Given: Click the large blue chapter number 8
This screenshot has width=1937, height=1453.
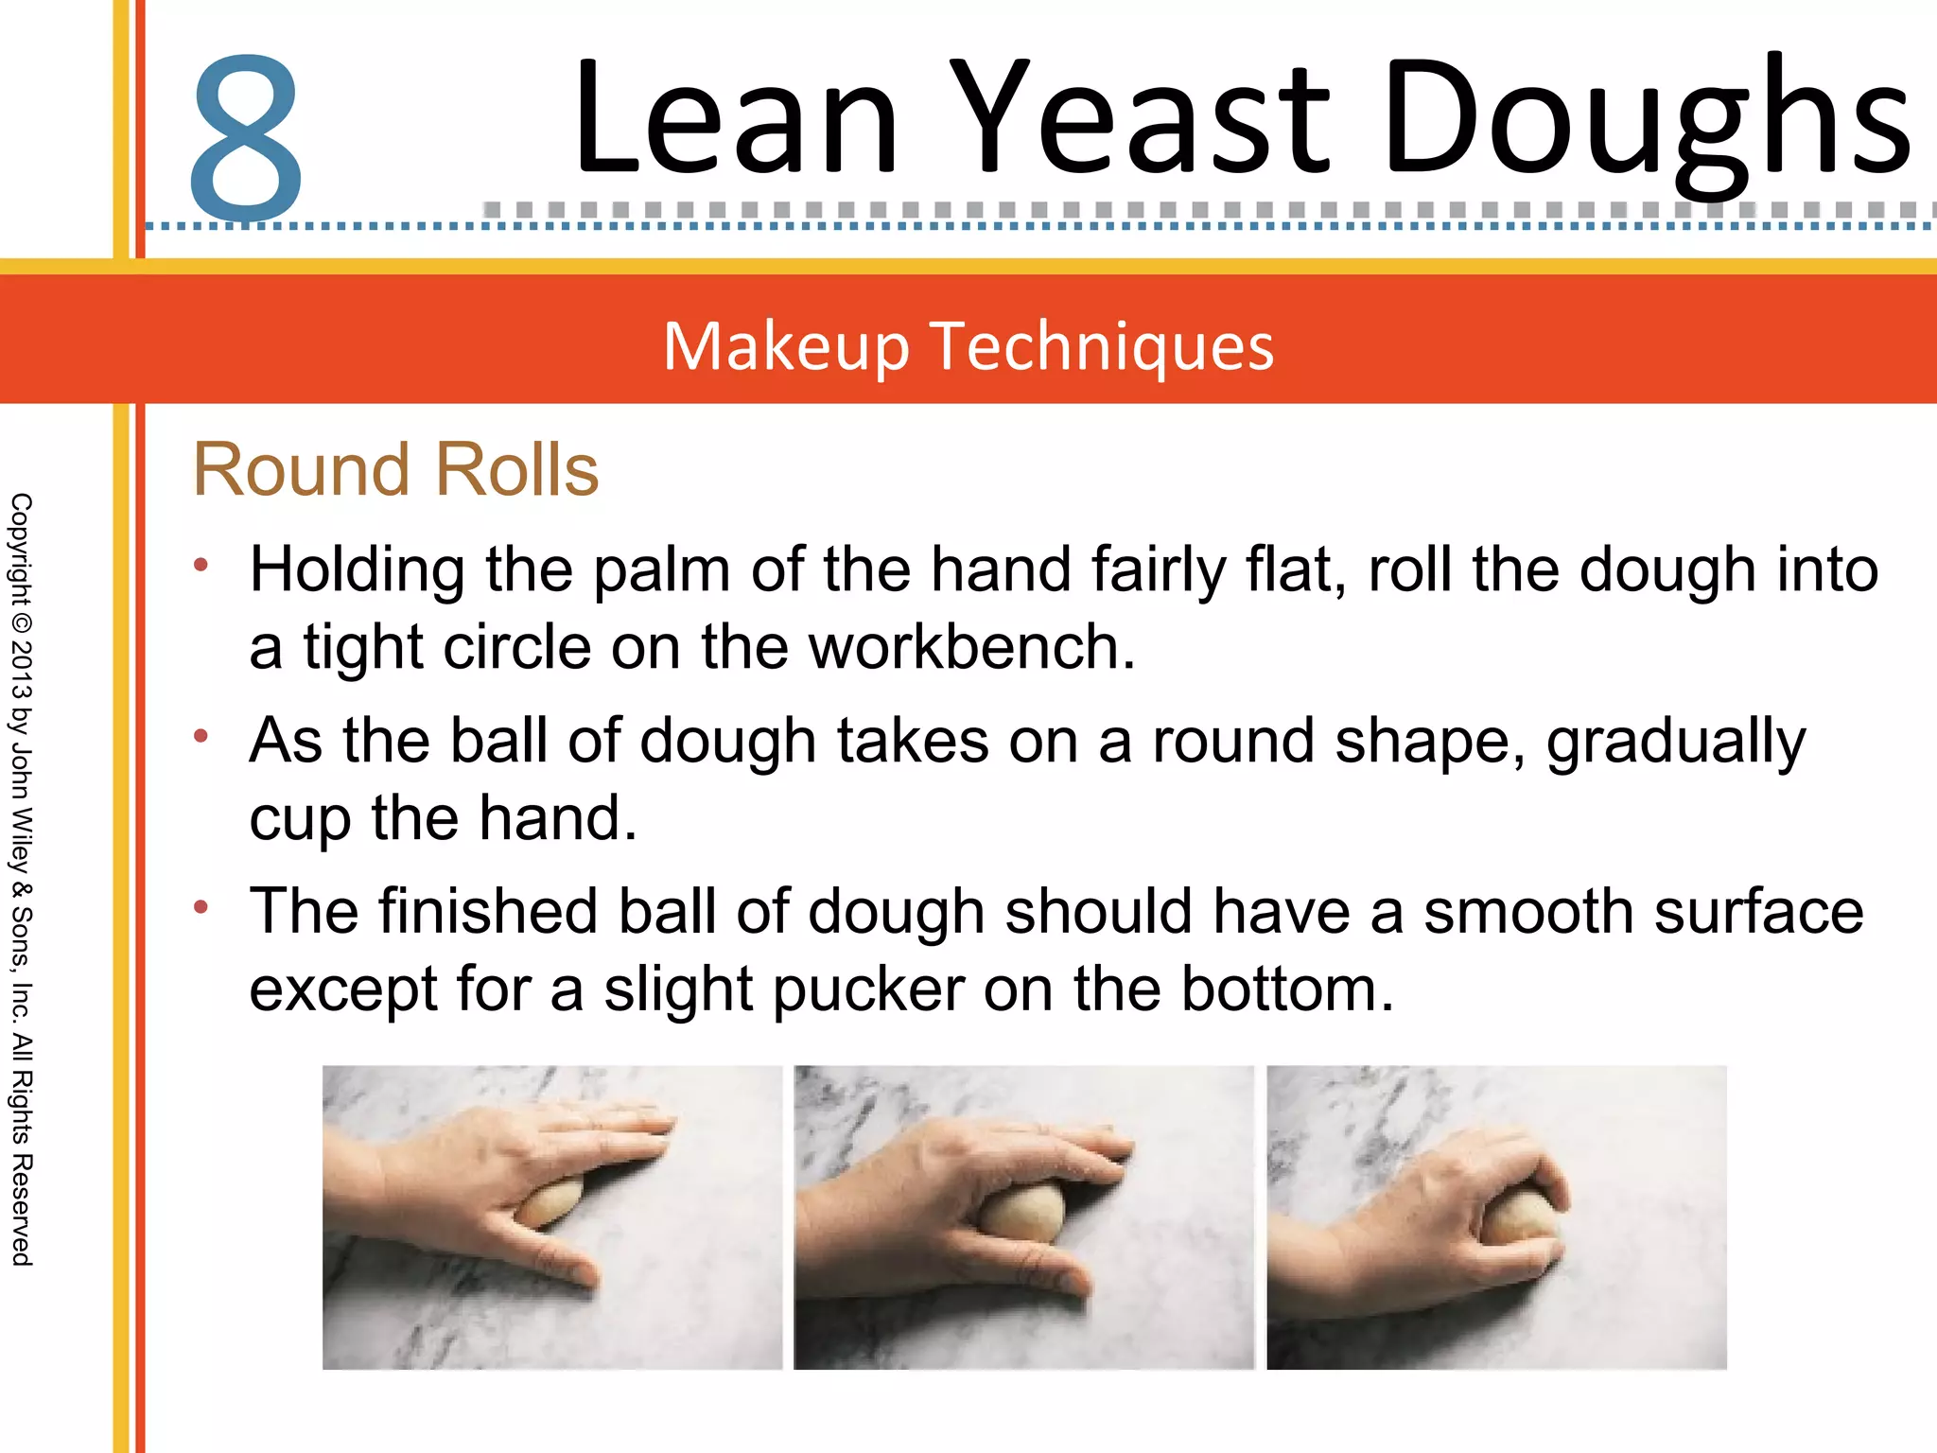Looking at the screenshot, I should [x=246, y=137].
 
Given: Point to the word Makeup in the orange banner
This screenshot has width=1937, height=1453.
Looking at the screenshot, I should [x=786, y=346].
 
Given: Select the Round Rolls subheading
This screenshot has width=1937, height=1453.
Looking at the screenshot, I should [x=395, y=469].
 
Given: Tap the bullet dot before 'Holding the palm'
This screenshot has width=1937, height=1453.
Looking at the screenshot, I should [x=201, y=566].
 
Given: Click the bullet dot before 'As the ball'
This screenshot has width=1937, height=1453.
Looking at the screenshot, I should [x=201, y=736].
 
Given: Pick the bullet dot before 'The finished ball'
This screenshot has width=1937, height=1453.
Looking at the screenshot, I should [x=201, y=907].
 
